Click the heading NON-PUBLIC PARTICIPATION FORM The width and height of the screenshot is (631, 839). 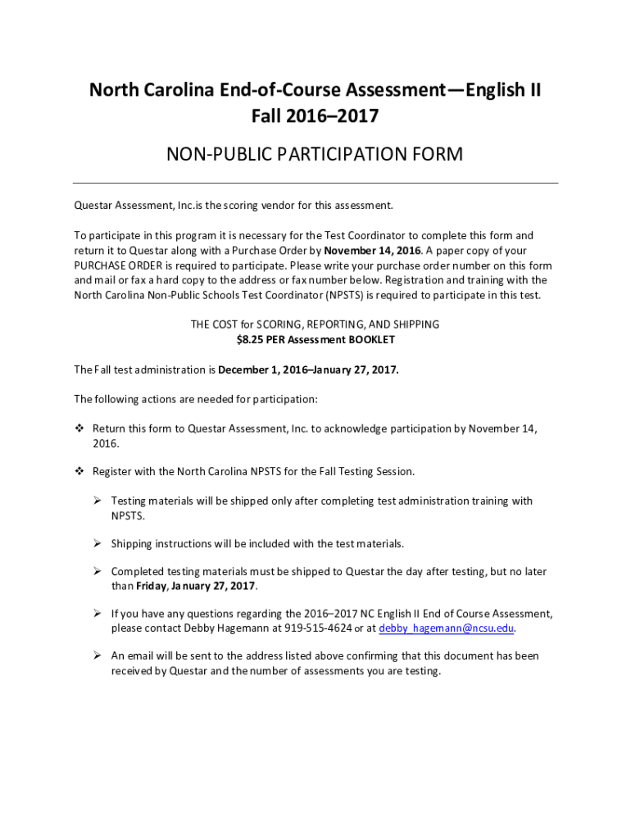tap(315, 154)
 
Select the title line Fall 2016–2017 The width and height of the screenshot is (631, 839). tap(315, 116)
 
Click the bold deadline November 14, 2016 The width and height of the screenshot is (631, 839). tap(373, 251)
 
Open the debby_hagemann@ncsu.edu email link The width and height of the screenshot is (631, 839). tap(447, 628)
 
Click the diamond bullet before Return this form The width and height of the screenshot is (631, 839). tap(79, 429)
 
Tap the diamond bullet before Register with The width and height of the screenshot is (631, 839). tap(79, 472)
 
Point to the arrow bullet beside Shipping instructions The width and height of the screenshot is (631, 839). tap(97, 543)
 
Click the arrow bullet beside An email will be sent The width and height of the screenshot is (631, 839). tap(97, 655)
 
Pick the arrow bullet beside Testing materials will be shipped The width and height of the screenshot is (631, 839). tap(97, 501)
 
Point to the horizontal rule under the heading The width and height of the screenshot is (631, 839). tap(315, 183)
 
